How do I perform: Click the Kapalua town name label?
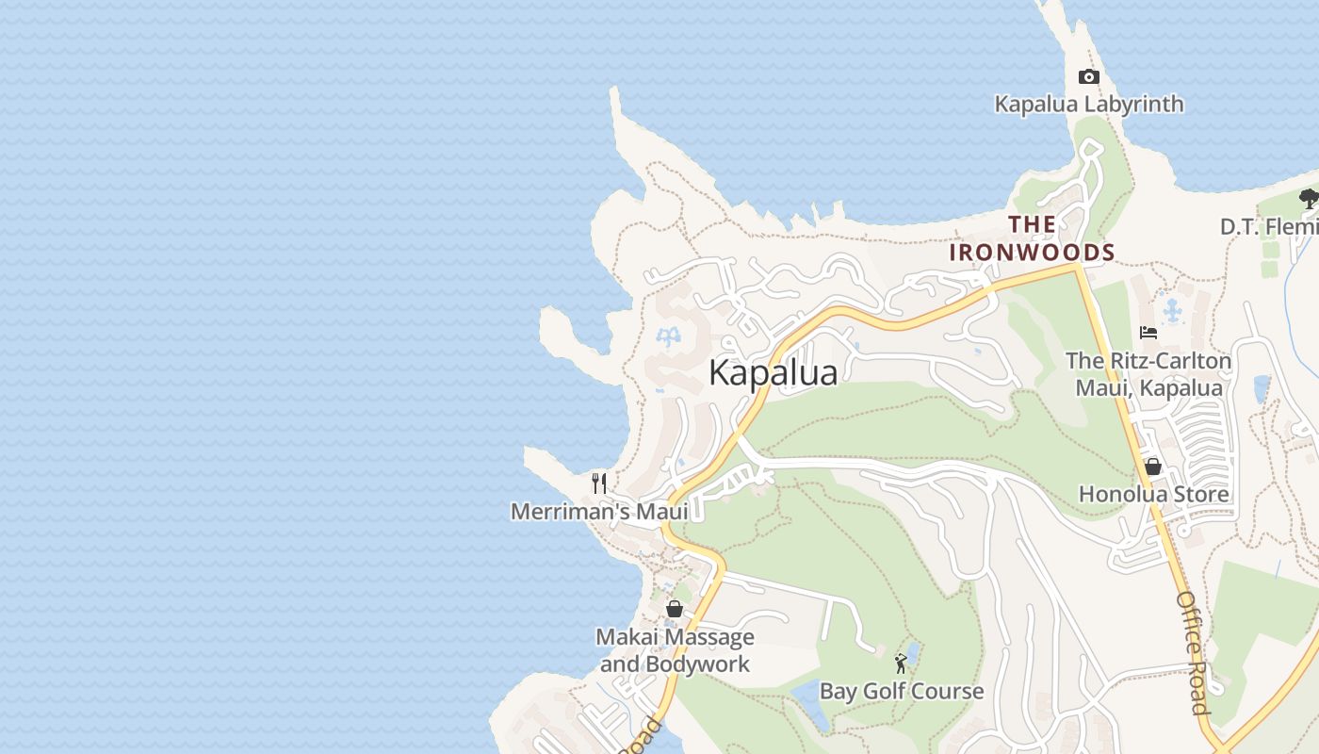tap(773, 373)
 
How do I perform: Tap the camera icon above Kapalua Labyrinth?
tap(1088, 77)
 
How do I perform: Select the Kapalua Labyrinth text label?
tap(1089, 104)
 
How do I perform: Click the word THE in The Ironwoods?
tap(1032, 225)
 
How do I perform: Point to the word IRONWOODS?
tap(1032, 253)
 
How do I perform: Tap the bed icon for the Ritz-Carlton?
tap(1148, 333)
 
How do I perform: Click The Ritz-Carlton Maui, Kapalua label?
tap(1148, 374)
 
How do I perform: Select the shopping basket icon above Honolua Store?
tap(1152, 467)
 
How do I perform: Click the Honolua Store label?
tap(1153, 494)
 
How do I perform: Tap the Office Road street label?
tap(1192, 652)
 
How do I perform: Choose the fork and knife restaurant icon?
tap(599, 484)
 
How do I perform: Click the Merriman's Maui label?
tap(599, 511)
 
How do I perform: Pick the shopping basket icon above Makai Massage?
tap(674, 609)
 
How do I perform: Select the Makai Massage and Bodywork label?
tap(675, 650)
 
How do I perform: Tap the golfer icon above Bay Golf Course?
tap(901, 664)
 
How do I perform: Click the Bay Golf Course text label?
tap(901, 691)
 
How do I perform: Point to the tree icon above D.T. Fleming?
tap(1308, 199)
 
